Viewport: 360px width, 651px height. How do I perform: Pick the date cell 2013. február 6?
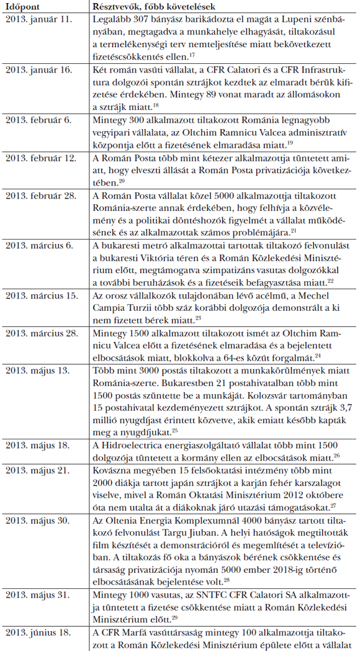click(40, 117)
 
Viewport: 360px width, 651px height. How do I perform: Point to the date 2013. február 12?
click(42, 157)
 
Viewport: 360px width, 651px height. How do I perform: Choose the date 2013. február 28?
click(42, 195)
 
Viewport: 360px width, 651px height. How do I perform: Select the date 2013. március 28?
click(42, 334)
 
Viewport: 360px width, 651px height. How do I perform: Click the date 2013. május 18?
click(38, 445)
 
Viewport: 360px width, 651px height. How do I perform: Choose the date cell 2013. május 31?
click(38, 594)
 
